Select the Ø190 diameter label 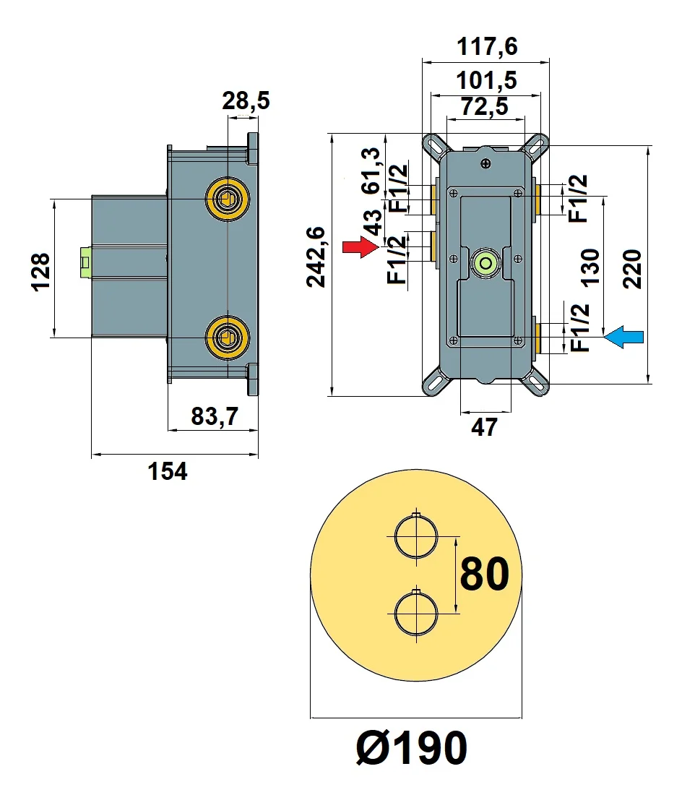pyautogui.click(x=412, y=747)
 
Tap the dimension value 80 pyautogui.click(x=484, y=575)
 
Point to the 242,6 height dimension pyautogui.click(x=316, y=257)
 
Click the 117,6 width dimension pyautogui.click(x=487, y=47)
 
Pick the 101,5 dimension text pyautogui.click(x=485, y=79)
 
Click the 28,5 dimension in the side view pyautogui.click(x=246, y=100)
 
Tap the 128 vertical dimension pyautogui.click(x=41, y=271)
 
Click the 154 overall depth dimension pyautogui.click(x=168, y=471)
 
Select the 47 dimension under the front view pyautogui.click(x=484, y=427)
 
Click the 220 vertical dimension pyautogui.click(x=633, y=268)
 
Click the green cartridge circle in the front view pyautogui.click(x=485, y=263)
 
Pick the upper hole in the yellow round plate pyautogui.click(x=415, y=537)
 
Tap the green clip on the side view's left pyautogui.click(x=85, y=261)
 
